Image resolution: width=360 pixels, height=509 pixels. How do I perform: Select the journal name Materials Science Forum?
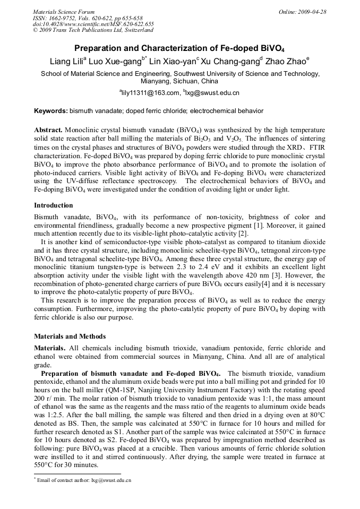64,12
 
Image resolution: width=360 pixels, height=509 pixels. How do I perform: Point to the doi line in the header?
93,24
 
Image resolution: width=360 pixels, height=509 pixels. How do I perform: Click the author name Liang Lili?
64,62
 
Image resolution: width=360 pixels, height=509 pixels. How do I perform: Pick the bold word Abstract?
48,130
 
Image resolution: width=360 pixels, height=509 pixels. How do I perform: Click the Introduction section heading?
54,205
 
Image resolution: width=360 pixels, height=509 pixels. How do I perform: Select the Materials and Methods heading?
70,336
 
